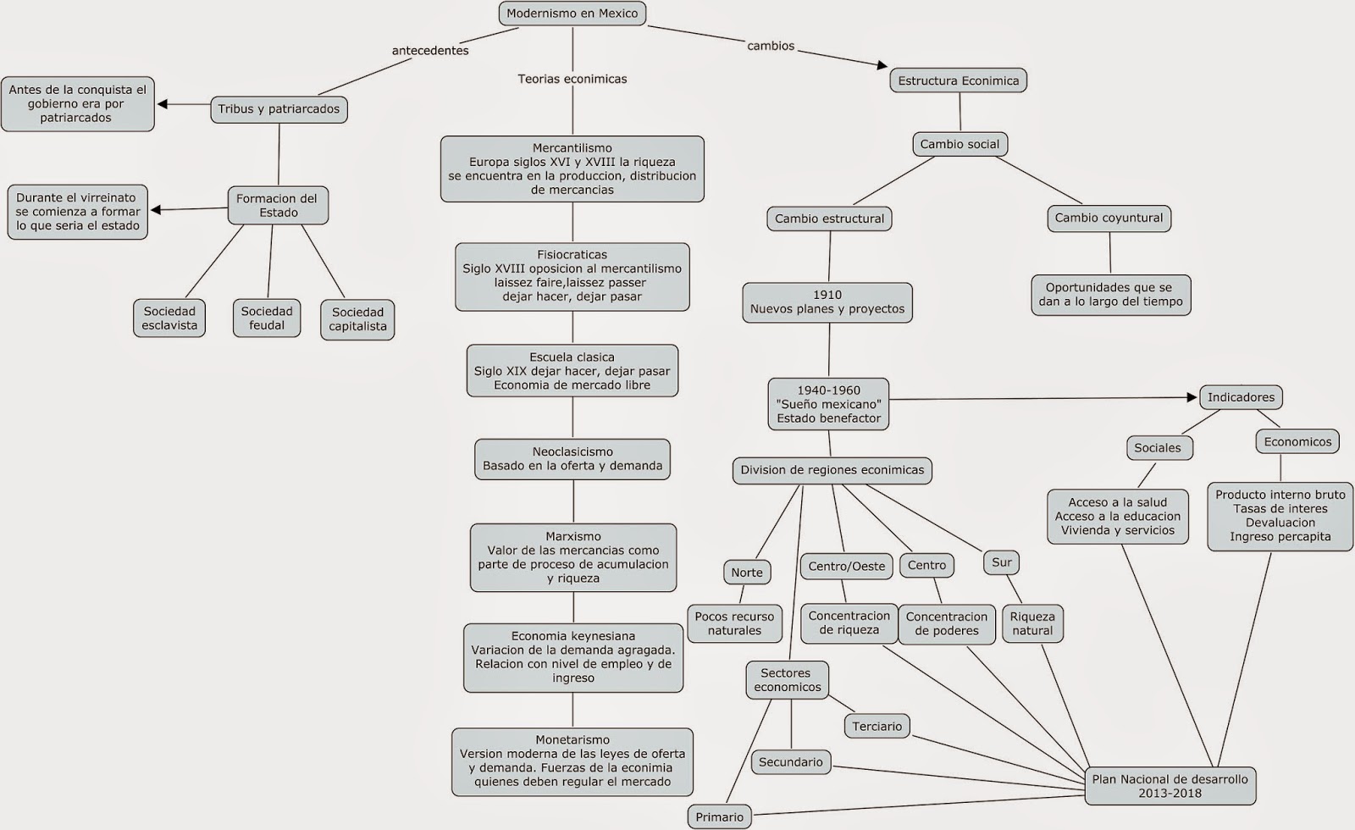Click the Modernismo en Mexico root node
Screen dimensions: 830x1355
[x=572, y=14]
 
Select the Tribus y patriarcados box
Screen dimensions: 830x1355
[x=279, y=109]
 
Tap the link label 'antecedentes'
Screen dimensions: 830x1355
[x=430, y=51]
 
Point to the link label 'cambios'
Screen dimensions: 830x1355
[x=771, y=46]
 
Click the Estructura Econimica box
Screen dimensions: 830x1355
[x=959, y=80]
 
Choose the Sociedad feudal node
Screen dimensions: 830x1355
[x=267, y=318]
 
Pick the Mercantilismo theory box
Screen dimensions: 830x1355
[x=572, y=169]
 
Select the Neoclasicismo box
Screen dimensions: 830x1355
[x=572, y=458]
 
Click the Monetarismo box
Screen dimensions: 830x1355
[x=572, y=761]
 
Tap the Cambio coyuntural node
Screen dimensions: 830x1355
[x=1109, y=218]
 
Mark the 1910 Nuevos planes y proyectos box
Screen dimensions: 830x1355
[x=827, y=302]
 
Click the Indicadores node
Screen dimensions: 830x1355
[x=1241, y=397]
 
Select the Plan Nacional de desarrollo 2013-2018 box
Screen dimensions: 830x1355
[x=1170, y=786]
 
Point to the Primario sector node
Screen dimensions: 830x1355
[x=719, y=817]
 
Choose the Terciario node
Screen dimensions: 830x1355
[x=877, y=726]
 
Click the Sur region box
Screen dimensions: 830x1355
[x=1002, y=562]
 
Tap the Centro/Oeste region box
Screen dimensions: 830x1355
[x=846, y=566]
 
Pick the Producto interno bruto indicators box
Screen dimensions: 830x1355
[x=1280, y=515]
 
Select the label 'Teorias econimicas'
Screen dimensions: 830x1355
[x=572, y=79]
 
